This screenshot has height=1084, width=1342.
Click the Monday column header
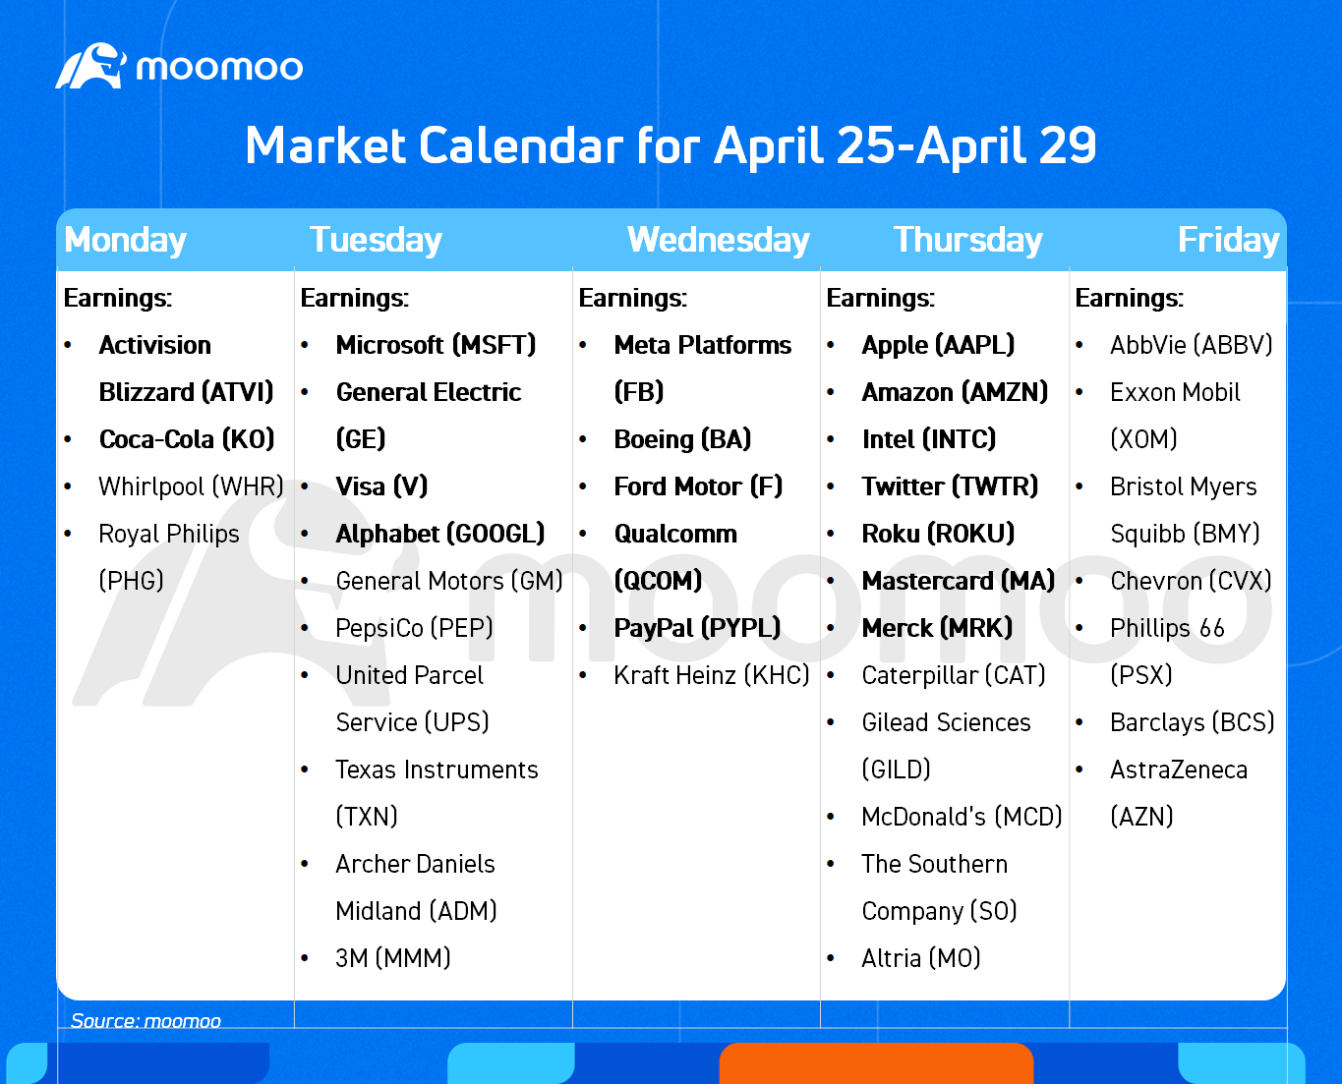126,240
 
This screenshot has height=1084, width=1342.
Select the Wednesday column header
719,240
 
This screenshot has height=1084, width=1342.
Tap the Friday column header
1229,240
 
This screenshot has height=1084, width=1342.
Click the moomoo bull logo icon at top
91,66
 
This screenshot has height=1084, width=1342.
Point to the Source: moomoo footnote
146,1020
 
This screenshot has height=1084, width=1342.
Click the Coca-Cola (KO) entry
187,439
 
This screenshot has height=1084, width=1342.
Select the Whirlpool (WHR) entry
191,486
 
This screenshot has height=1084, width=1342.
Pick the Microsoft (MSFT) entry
436,345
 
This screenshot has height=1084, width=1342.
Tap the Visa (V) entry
381,486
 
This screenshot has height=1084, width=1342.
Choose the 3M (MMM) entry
393,958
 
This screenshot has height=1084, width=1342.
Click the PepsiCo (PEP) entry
414,628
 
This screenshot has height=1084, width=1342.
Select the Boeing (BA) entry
682,439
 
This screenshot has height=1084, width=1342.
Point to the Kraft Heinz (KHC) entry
712,675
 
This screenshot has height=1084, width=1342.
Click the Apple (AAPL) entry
938,345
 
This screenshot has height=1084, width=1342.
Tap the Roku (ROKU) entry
938,534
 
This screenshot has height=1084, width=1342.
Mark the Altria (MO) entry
921,958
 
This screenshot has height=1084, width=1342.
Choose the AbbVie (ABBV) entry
1192,345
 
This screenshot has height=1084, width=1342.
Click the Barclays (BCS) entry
1192,722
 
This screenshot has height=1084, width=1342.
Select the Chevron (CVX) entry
1191,581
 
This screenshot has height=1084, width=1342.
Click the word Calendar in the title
521,145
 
